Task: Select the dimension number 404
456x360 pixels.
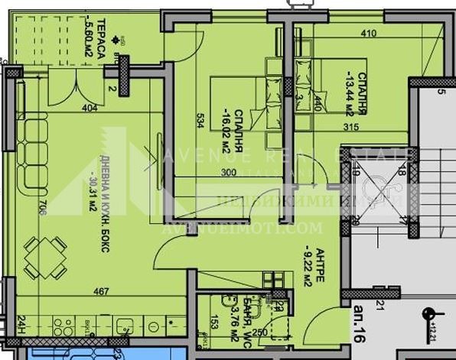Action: pyautogui.click(x=90, y=108)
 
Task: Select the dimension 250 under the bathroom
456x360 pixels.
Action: pyautogui.click(x=260, y=332)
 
